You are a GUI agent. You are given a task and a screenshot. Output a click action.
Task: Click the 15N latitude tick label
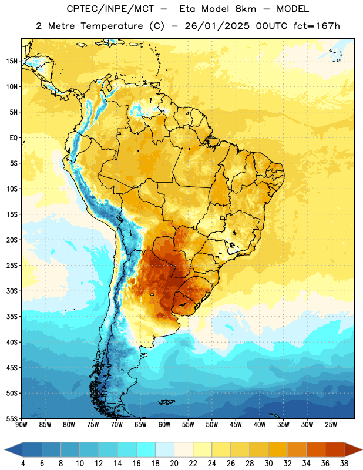[x=12, y=61]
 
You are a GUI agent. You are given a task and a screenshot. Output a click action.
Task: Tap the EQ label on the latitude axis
[x=14, y=138]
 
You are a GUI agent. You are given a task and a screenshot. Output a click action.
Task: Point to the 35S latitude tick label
[x=12, y=317]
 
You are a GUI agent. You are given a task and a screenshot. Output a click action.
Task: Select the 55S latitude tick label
[x=12, y=418]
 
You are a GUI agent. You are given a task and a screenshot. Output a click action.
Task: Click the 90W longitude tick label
[x=21, y=425]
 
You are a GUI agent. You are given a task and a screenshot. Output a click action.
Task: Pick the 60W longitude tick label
[x=164, y=425]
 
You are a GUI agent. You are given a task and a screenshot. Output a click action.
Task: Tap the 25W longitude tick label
[x=331, y=425]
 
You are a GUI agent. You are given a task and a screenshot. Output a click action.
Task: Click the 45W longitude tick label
[x=236, y=425]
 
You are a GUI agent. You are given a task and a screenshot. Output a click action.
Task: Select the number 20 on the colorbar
[x=174, y=464]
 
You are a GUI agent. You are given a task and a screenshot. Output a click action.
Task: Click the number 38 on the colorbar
[x=344, y=464]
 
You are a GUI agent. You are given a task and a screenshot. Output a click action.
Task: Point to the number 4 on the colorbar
[x=23, y=464]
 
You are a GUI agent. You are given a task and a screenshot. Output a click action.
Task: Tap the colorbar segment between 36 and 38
[x=335, y=450]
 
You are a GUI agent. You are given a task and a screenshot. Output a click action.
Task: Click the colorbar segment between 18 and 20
[x=164, y=450]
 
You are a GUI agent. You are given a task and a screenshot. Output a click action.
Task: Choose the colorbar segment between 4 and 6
[x=32, y=450]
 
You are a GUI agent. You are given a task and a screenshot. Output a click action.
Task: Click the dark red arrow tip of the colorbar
[x=362, y=450]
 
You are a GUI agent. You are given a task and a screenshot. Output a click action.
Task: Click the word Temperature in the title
[x=112, y=26]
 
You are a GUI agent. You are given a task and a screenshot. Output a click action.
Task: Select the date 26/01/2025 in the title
[x=217, y=26]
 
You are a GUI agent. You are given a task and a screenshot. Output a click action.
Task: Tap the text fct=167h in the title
[x=317, y=26]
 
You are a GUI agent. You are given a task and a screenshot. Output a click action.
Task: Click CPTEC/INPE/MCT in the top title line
[x=110, y=9]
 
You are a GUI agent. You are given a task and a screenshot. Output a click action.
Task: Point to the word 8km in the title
[x=246, y=9]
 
